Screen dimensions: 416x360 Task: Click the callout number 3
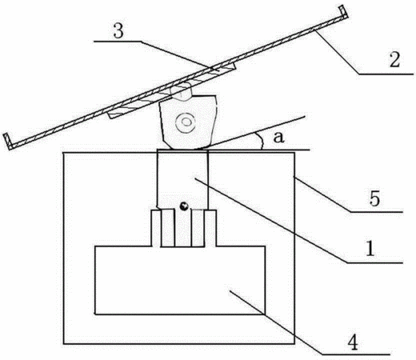[x=118, y=31]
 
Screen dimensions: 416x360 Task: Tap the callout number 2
[x=394, y=59]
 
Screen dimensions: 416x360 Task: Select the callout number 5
[x=374, y=198]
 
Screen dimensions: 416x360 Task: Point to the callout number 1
[x=370, y=249]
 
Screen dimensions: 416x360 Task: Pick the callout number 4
[x=354, y=342]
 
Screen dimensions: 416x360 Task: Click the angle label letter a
[x=278, y=138]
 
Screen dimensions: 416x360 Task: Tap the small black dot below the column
[x=184, y=206]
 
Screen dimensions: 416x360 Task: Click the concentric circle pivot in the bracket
[x=185, y=122]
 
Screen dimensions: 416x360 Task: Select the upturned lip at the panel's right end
[x=344, y=13]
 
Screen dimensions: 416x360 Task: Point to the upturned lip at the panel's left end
[x=8, y=141]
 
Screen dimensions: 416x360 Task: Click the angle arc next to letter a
[x=261, y=141]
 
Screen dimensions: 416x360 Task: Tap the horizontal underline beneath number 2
[x=386, y=74]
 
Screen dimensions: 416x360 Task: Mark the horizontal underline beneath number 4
[x=356, y=354]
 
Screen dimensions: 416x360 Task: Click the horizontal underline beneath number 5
[x=376, y=212]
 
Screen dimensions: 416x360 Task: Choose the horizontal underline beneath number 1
[x=374, y=262]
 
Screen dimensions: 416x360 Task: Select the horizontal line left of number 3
[x=118, y=42]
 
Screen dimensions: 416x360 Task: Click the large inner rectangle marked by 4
[x=180, y=280]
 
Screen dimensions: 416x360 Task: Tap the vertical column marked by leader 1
[x=182, y=178]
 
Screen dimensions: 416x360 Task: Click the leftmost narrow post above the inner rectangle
[x=156, y=228]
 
